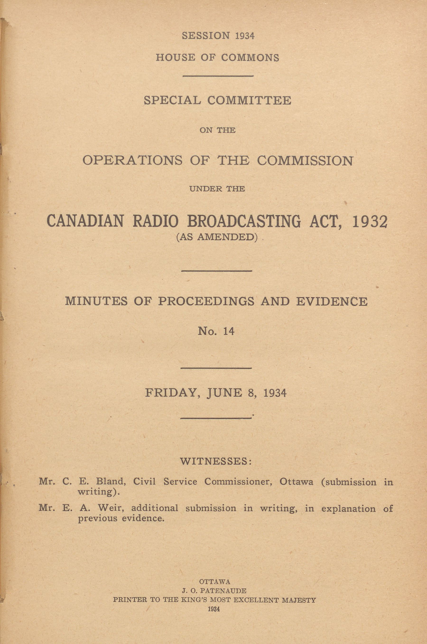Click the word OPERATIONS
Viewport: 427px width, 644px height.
pyautogui.click(x=132, y=161)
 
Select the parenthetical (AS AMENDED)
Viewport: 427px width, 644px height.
pyautogui.click(x=217, y=237)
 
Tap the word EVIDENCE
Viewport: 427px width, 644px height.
pyautogui.click(x=331, y=301)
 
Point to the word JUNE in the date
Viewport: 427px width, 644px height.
pyautogui.click(x=224, y=393)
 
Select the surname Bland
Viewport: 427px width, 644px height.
pyautogui.click(x=111, y=482)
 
